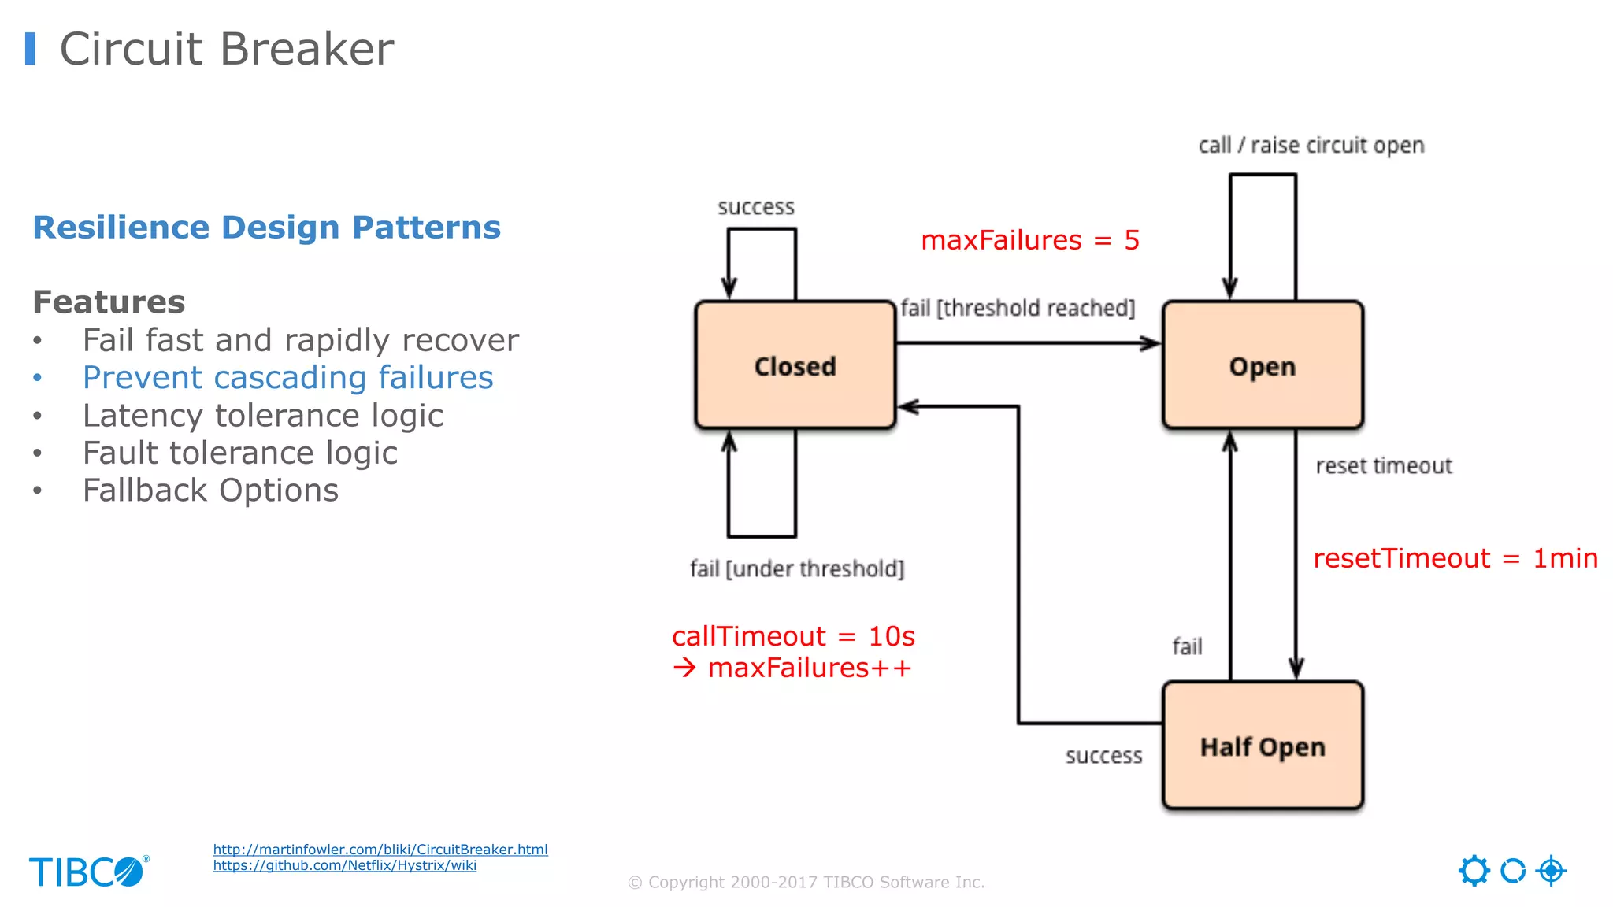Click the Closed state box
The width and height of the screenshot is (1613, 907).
[795, 365]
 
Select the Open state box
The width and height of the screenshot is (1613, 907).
[1262, 365]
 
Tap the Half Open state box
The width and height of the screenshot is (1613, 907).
[1262, 746]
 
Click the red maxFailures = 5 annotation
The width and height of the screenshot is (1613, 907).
[1029, 240]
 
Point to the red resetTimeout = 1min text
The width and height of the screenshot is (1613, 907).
[1455, 558]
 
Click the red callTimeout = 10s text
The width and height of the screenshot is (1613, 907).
[793, 636]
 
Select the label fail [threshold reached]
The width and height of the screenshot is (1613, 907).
[1017, 308]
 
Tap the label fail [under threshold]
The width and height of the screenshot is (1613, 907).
[796, 568]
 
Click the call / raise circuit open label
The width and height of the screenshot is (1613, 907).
[1311, 146]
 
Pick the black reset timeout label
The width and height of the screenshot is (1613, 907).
[1383, 466]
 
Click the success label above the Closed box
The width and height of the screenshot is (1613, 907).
[755, 207]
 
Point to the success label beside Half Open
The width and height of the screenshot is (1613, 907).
[1103, 756]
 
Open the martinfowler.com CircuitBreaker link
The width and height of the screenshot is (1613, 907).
[380, 850]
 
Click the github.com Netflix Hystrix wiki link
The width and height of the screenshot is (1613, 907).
[344, 865]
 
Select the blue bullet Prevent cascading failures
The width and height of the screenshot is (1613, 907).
[287, 378]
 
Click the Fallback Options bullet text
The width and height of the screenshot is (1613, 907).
[210, 491]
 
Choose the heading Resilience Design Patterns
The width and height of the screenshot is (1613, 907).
[266, 228]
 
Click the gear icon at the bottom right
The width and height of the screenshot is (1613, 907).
[1474, 871]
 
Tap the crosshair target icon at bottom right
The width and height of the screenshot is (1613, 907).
[1551, 871]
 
